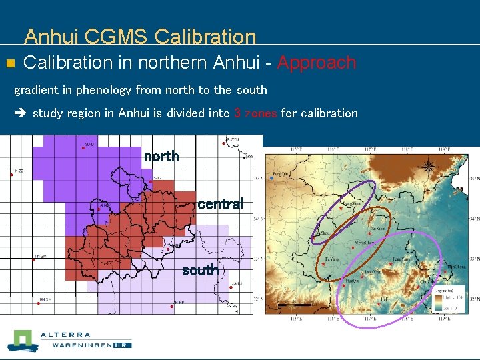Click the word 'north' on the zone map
click(x=161, y=157)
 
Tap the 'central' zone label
click(x=220, y=204)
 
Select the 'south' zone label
click(x=200, y=270)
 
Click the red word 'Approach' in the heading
click(x=317, y=63)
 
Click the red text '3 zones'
click(x=255, y=113)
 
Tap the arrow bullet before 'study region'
click(x=20, y=113)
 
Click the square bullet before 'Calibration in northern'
click(x=9, y=64)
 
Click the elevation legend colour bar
click(x=437, y=303)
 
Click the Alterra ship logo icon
click(x=23, y=341)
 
